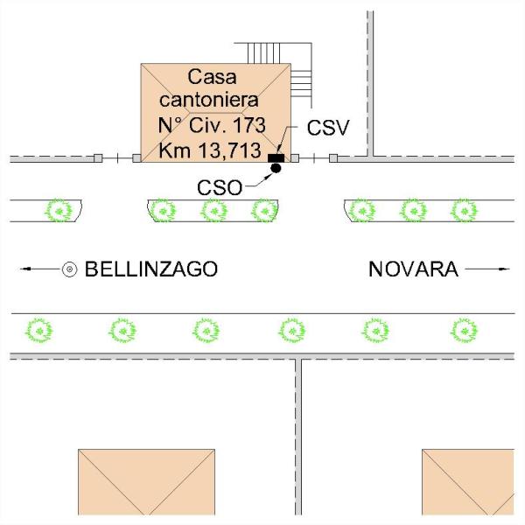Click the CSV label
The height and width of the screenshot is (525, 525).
pos(328,127)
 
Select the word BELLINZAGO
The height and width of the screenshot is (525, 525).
pos(150,269)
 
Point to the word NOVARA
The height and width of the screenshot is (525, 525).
pos(413,269)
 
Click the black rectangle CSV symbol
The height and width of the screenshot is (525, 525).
pos(276,158)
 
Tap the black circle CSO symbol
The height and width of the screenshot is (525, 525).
pos(276,167)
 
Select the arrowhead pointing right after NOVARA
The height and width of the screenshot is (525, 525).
pos(506,269)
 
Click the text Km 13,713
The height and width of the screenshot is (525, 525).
pos(210,150)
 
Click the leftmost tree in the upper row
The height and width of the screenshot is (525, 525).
pos(59,210)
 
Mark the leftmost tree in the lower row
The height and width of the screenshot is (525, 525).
pos(39,330)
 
